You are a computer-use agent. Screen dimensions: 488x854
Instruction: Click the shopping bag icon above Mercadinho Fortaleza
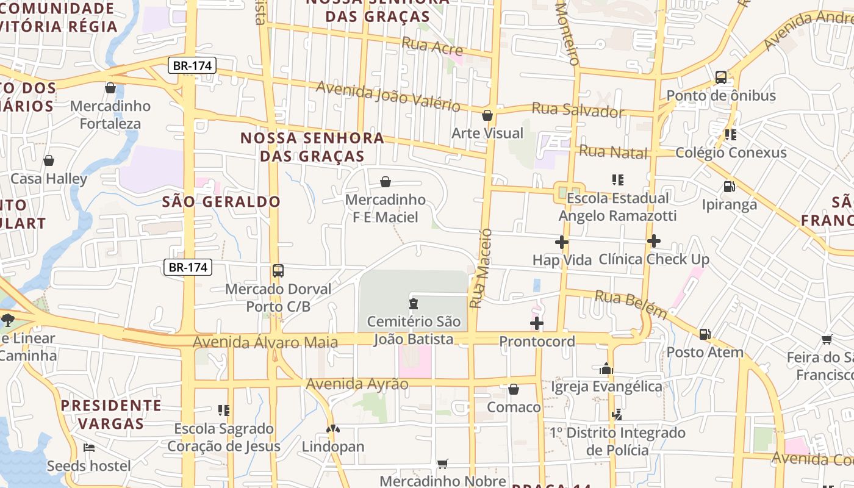pyautogui.click(x=110, y=88)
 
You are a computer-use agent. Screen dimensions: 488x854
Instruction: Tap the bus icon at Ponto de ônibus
pyautogui.click(x=721, y=77)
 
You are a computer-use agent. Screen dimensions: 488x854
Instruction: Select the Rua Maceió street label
pyautogui.click(x=481, y=268)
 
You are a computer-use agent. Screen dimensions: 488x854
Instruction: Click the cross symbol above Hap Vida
pyautogui.click(x=562, y=242)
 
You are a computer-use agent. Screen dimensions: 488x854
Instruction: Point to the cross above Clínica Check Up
pyautogui.click(x=654, y=241)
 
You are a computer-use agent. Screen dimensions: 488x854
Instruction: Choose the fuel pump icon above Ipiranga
pyautogui.click(x=729, y=187)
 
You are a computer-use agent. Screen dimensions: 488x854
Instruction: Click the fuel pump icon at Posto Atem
pyautogui.click(x=705, y=334)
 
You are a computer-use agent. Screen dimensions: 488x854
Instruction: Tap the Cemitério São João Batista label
pyautogui.click(x=414, y=330)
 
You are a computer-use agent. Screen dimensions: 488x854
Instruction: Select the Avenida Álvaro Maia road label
pyautogui.click(x=265, y=342)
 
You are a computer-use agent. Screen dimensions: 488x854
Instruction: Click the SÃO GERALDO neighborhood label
pyautogui.click(x=221, y=202)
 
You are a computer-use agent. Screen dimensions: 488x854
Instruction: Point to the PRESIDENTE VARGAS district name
pyautogui.click(x=111, y=414)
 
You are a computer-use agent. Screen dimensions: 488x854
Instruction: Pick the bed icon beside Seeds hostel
pyautogui.click(x=89, y=448)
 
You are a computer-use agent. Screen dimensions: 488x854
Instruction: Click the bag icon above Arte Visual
pyautogui.click(x=487, y=115)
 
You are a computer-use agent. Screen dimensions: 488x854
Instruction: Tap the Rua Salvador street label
pyautogui.click(x=578, y=110)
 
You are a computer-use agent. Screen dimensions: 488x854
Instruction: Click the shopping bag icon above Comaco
pyautogui.click(x=514, y=389)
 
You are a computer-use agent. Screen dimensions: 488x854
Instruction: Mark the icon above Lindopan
pyautogui.click(x=333, y=429)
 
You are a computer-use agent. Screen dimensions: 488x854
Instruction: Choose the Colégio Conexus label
pyautogui.click(x=731, y=152)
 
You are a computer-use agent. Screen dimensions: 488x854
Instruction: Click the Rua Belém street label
pyautogui.click(x=631, y=304)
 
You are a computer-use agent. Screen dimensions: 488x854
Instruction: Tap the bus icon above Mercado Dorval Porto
pyautogui.click(x=278, y=270)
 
